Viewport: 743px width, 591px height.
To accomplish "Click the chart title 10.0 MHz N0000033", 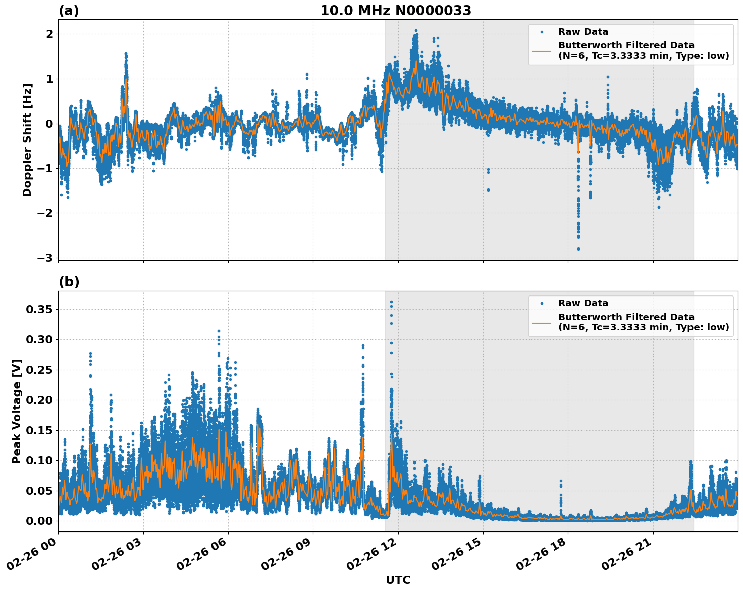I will [x=396, y=11].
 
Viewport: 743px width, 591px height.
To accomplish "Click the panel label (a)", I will [x=69, y=11].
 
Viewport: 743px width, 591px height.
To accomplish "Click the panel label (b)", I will [x=69, y=282].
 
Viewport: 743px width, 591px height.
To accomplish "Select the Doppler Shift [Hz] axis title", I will [x=27, y=140].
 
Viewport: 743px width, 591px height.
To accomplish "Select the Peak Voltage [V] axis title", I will [x=17, y=411].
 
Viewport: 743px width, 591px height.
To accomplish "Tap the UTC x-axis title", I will [x=398, y=580].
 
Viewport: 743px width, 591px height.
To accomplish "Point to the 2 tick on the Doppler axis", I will [x=49, y=34].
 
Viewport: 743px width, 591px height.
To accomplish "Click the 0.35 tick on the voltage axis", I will [x=39, y=309].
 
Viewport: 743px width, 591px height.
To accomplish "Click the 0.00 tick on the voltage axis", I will [x=39, y=521].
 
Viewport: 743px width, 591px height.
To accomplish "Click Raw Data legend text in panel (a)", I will [x=583, y=32].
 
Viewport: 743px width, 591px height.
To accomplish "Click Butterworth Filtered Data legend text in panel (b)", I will [x=626, y=317].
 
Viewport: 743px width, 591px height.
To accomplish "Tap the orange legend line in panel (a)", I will [x=541, y=51].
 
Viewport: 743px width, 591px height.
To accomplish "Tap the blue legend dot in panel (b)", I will [x=542, y=303].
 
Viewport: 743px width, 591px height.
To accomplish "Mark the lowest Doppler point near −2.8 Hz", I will [x=578, y=249].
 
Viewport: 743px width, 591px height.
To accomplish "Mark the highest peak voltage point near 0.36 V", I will [x=391, y=302].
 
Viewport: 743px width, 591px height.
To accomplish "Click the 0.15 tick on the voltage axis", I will [x=39, y=430].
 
